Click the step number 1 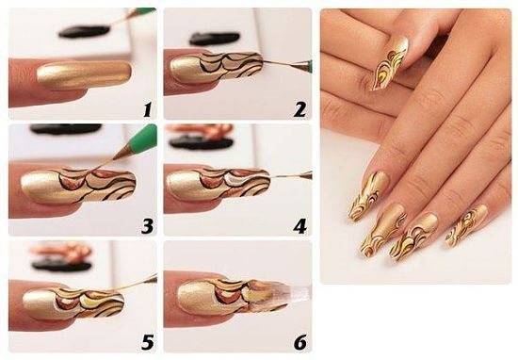coord(148,110)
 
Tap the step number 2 coord(299,109)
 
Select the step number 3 coord(148,226)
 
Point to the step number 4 coord(299,226)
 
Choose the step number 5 coord(148,342)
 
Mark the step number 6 coord(299,342)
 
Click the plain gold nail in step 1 coord(84,75)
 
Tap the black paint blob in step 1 coord(84,32)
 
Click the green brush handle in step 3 coord(144,138)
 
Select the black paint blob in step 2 coord(215,39)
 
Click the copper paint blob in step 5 coord(60,251)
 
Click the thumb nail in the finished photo coord(391,63)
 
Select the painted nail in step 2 coord(217,68)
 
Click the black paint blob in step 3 coord(66,129)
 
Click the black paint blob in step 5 coord(61,266)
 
